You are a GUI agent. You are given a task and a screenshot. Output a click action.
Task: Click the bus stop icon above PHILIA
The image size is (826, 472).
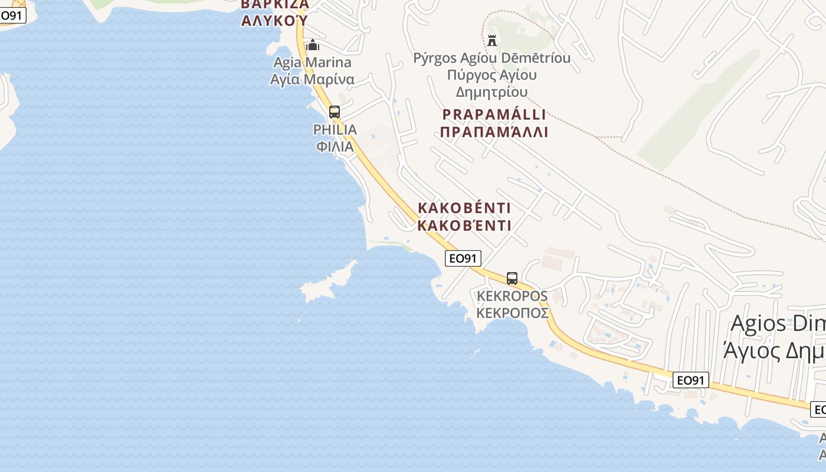coord(335,112)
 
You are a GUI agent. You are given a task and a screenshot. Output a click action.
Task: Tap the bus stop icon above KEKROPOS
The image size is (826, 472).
coord(512,278)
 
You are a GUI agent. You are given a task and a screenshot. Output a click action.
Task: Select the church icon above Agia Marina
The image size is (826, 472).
coord(313,45)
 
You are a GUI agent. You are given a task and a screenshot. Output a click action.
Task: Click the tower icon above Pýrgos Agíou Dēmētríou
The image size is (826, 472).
coord(492,40)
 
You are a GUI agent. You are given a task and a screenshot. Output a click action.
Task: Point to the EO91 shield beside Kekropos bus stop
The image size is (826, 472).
coord(463,258)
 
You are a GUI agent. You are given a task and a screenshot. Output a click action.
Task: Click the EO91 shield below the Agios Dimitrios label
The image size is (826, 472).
coord(690,380)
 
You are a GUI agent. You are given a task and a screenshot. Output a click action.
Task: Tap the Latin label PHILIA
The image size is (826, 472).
coord(335,130)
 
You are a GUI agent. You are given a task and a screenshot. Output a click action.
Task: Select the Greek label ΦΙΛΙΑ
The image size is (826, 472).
coord(335,146)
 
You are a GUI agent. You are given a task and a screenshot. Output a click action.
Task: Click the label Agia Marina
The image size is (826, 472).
coord(312,63)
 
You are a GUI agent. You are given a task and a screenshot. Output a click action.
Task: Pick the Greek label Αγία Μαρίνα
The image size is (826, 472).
coord(312,79)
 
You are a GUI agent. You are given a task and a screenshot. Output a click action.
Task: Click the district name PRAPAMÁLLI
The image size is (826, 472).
coord(494,114)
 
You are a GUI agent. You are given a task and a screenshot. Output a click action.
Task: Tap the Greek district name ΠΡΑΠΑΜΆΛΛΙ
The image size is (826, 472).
coord(494,132)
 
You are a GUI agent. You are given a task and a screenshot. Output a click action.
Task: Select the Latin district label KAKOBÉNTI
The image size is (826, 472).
coord(464,208)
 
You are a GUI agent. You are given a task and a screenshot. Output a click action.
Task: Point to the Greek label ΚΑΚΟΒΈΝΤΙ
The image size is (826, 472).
coord(464,225)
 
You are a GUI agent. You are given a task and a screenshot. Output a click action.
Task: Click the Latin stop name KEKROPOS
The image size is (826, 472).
coord(512,296)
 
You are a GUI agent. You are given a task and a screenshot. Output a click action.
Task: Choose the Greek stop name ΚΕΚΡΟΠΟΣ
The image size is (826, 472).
coord(512,313)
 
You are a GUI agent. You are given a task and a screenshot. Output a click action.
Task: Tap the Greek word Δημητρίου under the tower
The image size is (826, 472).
coord(491,92)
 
